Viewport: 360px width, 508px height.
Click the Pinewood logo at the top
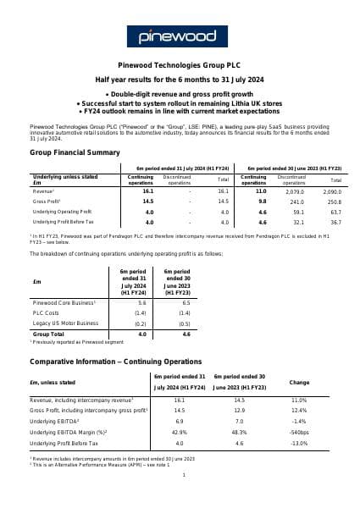coord(180,36)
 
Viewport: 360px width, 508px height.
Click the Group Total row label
coord(49,333)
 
